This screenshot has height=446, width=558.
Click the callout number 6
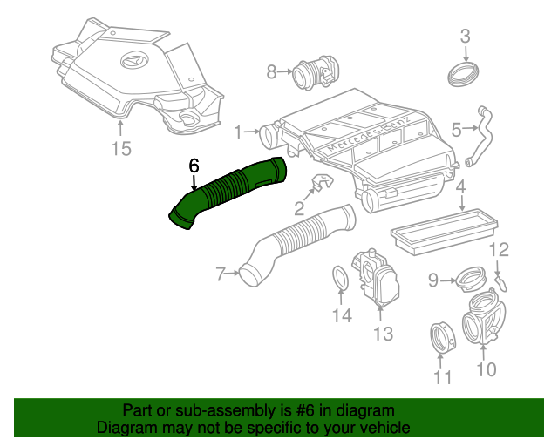click(194, 165)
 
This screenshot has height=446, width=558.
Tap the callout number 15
click(121, 149)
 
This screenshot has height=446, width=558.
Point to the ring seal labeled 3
click(464, 71)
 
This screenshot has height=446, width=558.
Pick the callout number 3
click(465, 36)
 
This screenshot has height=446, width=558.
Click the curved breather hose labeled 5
click(479, 135)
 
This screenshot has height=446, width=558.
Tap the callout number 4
click(460, 187)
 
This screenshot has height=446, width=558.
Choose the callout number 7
click(221, 274)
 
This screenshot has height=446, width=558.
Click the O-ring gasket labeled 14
click(341, 280)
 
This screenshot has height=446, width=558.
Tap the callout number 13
click(383, 334)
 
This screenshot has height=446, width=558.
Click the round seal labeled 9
click(471, 281)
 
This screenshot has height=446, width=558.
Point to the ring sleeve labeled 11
click(442, 337)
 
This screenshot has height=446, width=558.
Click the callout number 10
click(486, 369)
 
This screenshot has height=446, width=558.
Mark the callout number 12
click(498, 252)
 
